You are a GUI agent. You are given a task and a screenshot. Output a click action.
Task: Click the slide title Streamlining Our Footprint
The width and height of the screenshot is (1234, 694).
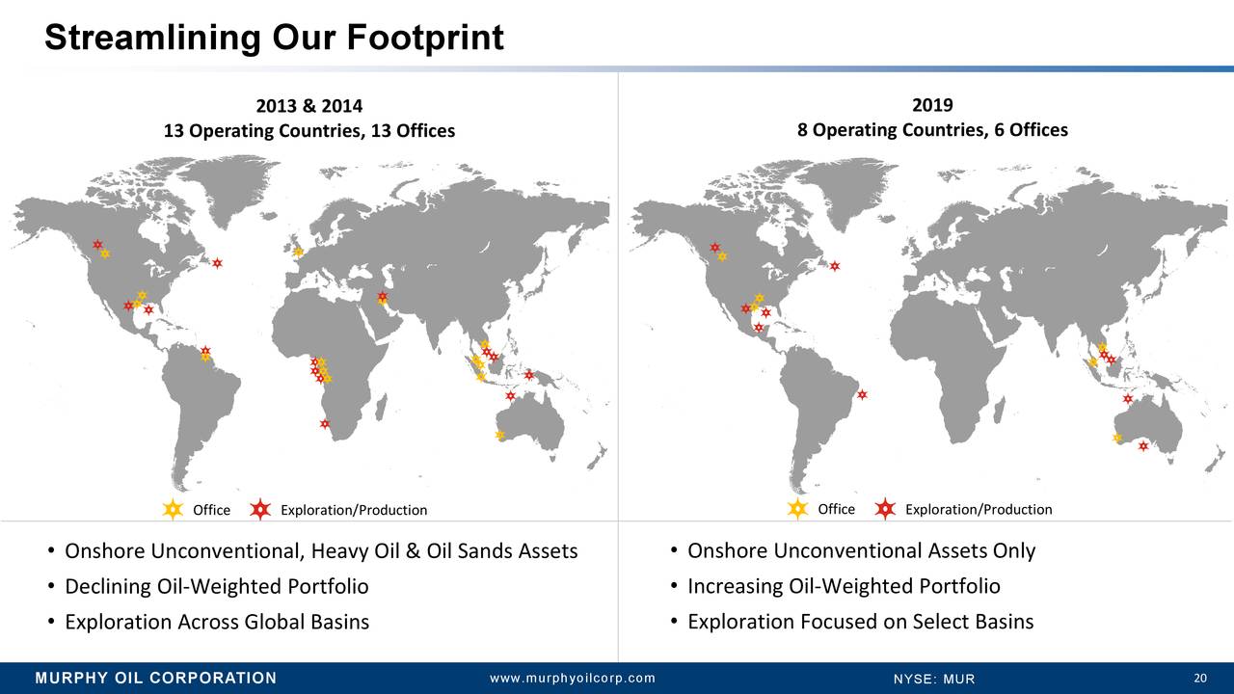(275, 38)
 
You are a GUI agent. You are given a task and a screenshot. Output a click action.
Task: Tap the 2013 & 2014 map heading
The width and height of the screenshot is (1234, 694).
(309, 105)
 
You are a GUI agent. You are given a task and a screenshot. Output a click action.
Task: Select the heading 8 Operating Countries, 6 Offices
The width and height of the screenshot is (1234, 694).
(932, 130)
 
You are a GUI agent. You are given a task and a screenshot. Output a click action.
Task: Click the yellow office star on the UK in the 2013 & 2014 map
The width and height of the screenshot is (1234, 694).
(298, 252)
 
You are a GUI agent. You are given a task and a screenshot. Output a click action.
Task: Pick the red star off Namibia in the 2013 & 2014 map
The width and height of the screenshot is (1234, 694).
(325, 424)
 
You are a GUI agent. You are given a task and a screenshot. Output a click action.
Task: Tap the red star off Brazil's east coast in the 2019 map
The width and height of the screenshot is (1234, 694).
(862, 394)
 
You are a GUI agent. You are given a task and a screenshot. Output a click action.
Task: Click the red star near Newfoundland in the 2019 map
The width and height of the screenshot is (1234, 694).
(835, 266)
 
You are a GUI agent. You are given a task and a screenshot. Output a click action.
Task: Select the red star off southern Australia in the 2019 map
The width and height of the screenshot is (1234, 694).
(1143, 445)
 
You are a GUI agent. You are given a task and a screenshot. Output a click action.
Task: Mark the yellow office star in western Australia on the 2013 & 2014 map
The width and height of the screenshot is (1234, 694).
(499, 435)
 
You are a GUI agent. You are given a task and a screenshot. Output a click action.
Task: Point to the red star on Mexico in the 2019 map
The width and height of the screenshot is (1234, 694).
(759, 328)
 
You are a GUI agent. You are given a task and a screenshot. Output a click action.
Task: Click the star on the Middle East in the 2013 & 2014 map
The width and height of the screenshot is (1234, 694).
(383, 298)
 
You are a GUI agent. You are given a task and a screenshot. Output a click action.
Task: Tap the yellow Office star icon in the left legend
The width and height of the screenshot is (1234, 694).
(173, 510)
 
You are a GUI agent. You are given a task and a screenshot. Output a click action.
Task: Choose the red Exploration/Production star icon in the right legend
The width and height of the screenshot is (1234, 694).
(885, 509)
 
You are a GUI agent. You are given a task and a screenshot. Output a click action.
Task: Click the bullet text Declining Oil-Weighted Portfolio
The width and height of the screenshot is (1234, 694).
(217, 586)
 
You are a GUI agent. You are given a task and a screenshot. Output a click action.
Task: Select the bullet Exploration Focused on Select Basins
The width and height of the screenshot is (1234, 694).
(861, 622)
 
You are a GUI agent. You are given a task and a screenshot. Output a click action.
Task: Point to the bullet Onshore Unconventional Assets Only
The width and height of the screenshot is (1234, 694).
(862, 550)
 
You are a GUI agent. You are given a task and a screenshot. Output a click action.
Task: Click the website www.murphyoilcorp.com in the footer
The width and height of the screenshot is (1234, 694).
(573, 678)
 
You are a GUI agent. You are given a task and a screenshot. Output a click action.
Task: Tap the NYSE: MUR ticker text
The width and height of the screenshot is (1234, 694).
(934, 679)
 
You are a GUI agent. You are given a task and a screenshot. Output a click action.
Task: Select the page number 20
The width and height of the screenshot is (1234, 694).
(1200, 678)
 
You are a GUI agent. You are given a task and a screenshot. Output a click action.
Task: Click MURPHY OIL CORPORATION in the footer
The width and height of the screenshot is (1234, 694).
(156, 678)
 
